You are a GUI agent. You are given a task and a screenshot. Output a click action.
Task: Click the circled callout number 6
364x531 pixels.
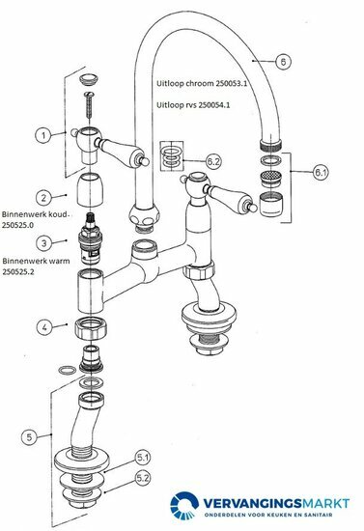tap(282, 61)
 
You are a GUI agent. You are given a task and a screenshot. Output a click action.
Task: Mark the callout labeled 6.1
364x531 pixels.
tap(321, 174)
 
